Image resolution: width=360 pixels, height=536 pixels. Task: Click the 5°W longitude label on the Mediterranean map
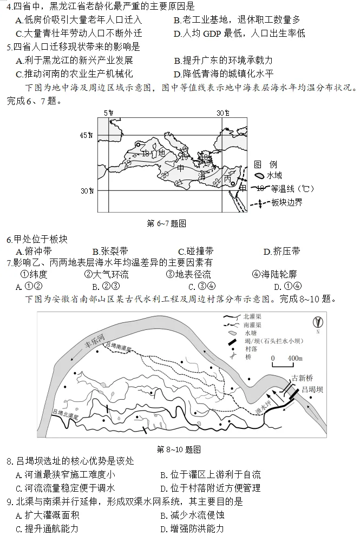[109, 113]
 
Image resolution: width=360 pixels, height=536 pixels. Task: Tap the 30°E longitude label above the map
[222, 113]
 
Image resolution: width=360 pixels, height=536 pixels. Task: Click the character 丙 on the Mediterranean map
[228, 178]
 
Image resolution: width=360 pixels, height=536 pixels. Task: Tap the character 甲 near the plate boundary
[243, 187]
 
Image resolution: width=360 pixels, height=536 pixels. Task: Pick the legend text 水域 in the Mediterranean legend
[276, 175]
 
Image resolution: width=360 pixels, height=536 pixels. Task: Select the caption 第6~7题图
[167, 223]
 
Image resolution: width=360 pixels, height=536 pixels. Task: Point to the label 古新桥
[303, 378]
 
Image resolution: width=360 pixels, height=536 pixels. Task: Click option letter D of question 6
[266, 251]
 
